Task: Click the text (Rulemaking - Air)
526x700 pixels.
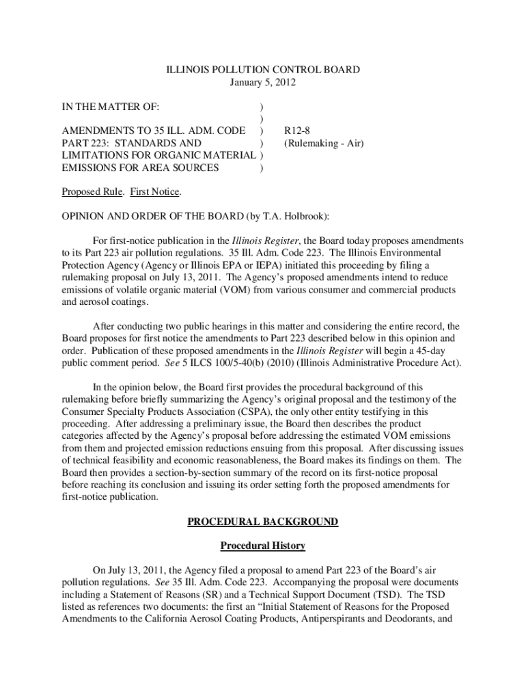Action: [324, 143]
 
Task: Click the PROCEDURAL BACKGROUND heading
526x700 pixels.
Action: [263, 522]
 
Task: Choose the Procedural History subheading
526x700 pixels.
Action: [263, 546]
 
